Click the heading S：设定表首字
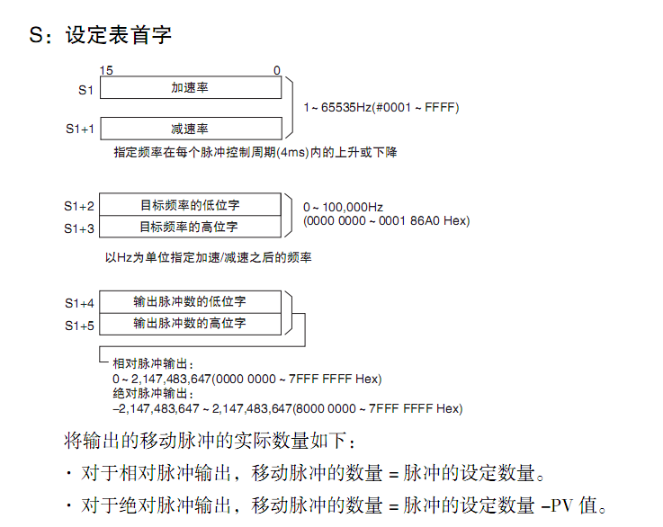pyautogui.click(x=101, y=35)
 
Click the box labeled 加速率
pyautogui.click(x=190, y=87)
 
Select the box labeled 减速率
pyautogui.click(x=190, y=129)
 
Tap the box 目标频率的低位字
pyautogui.click(x=190, y=204)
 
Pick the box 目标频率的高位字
pyautogui.click(x=190, y=226)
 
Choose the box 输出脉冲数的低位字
pyautogui.click(x=190, y=301)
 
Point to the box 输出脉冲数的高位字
pyautogui.click(x=190, y=323)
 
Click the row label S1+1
pyautogui.click(x=79, y=130)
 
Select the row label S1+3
pyautogui.click(x=79, y=228)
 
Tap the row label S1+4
pyautogui.click(x=79, y=303)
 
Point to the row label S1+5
pyautogui.click(x=79, y=326)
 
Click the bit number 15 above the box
pyautogui.click(x=106, y=70)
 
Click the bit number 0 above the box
pyautogui.click(x=276, y=70)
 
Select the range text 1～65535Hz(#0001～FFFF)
pyautogui.click(x=381, y=108)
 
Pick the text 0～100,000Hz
pyautogui.click(x=343, y=208)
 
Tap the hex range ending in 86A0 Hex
pyautogui.click(x=386, y=221)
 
